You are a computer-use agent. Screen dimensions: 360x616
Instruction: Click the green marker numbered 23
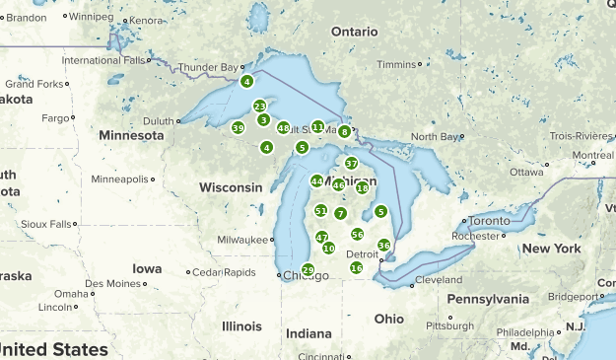pyautogui.click(x=259, y=107)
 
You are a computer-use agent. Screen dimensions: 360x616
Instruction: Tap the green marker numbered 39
pyautogui.click(x=238, y=128)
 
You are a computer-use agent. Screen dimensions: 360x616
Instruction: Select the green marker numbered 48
pyautogui.click(x=284, y=128)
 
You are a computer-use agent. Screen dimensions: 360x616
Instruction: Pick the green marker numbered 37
pyautogui.click(x=351, y=163)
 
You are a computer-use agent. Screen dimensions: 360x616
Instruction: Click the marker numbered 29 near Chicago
pyautogui.click(x=308, y=269)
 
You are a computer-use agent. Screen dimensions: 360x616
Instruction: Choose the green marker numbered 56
pyautogui.click(x=357, y=235)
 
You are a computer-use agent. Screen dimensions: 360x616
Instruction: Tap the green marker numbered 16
pyautogui.click(x=356, y=267)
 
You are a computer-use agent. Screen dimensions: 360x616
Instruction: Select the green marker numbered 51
pyautogui.click(x=320, y=210)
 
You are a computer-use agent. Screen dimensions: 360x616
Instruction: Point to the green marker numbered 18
pyautogui.click(x=362, y=187)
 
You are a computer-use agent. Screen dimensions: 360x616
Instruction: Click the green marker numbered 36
pyautogui.click(x=383, y=245)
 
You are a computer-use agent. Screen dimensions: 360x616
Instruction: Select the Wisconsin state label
pyautogui.click(x=231, y=187)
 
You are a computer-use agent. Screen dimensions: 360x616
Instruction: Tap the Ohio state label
pyautogui.click(x=388, y=319)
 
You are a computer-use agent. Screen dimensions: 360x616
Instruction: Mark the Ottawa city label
pyautogui.click(x=526, y=172)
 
